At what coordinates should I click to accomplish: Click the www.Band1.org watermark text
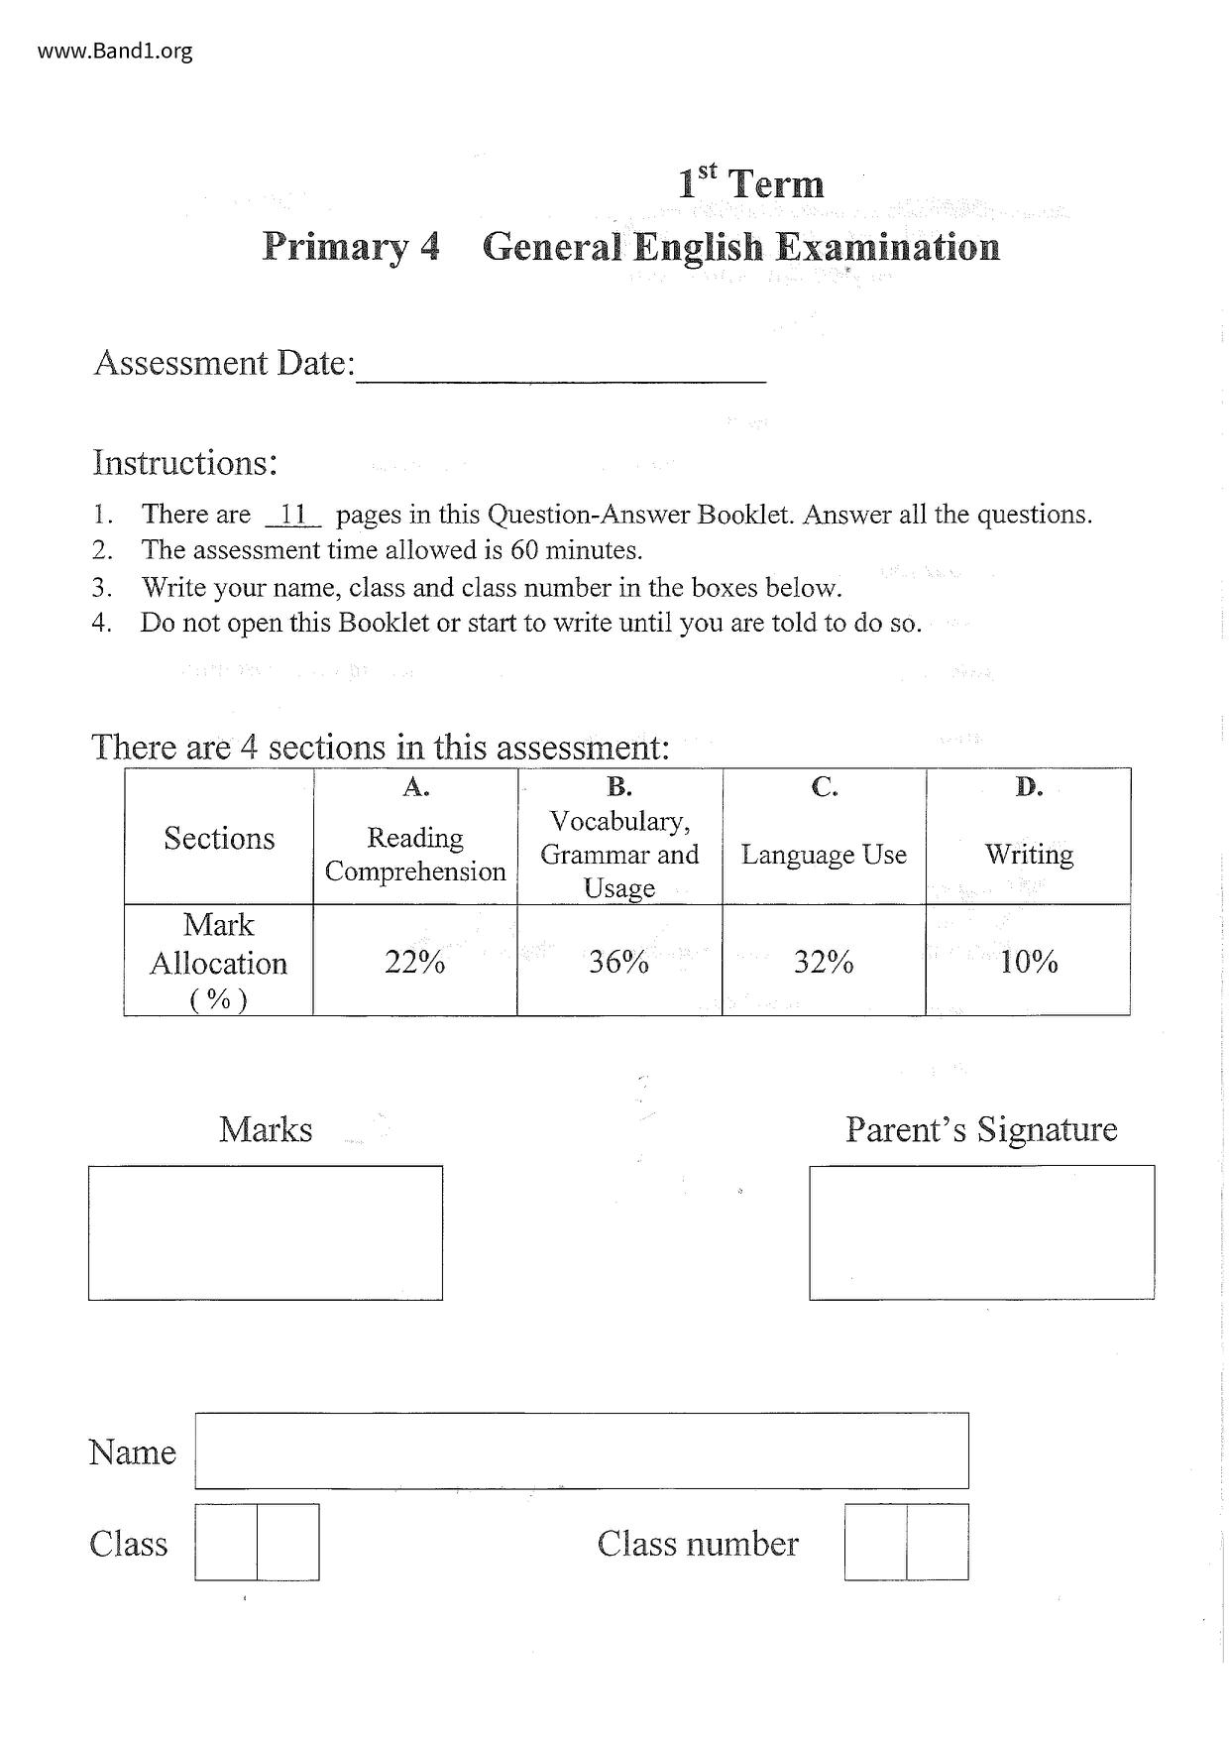(x=115, y=51)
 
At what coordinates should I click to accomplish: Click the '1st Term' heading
(x=750, y=183)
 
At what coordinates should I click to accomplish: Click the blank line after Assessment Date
(x=561, y=372)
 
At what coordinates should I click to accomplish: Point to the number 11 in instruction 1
(x=293, y=515)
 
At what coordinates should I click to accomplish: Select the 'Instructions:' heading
(x=185, y=463)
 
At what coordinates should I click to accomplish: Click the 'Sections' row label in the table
(x=219, y=839)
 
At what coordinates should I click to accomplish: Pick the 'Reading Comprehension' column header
(x=415, y=855)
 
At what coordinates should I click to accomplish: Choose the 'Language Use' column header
(x=824, y=855)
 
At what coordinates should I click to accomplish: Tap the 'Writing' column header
(x=1029, y=855)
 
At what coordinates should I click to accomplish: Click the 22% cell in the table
(x=415, y=962)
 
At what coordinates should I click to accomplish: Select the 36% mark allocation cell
(x=619, y=962)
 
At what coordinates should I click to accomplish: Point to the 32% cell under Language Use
(x=824, y=962)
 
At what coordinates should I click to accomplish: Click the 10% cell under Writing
(x=1029, y=962)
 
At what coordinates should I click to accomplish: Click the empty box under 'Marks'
(x=266, y=1232)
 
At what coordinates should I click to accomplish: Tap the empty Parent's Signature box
(x=981, y=1232)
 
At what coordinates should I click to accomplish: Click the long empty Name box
(x=582, y=1450)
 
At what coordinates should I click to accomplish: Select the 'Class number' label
(x=698, y=1544)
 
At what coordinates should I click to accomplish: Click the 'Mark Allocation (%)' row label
(x=219, y=962)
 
